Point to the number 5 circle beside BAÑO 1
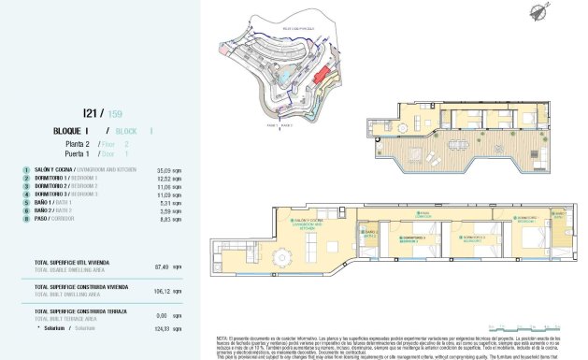point(27,202)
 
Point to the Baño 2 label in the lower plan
point(371,234)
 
